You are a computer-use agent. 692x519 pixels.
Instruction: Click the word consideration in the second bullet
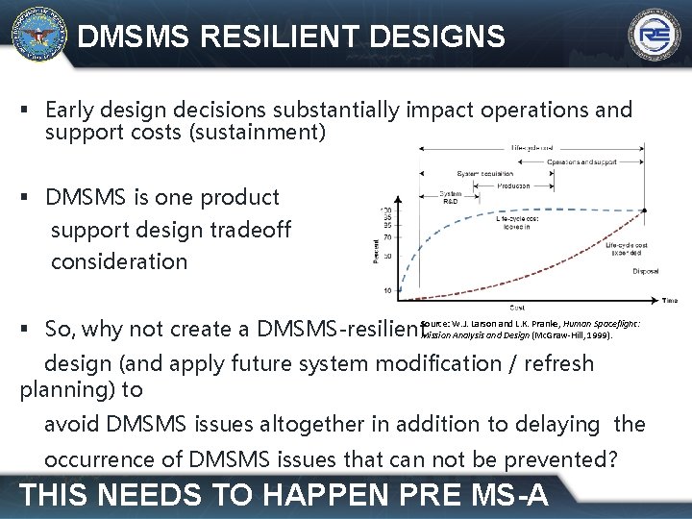(119, 261)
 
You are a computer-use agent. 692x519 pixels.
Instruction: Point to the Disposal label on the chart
(645, 271)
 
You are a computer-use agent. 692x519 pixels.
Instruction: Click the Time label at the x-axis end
(669, 300)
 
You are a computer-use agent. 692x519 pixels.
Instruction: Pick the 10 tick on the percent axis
(386, 289)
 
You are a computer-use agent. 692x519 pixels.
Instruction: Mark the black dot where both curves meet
(645, 210)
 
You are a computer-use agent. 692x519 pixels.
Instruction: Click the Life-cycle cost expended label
(629, 251)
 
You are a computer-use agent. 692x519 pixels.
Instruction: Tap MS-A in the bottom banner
(501, 494)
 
